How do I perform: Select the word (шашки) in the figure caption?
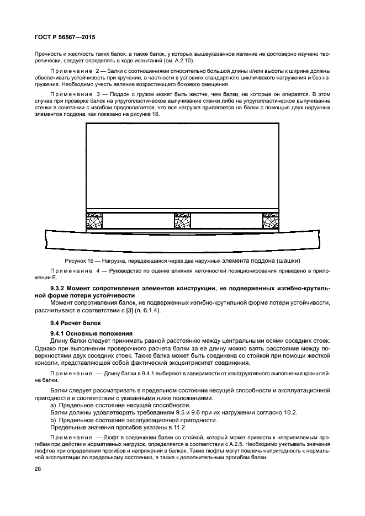click(288, 260)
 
